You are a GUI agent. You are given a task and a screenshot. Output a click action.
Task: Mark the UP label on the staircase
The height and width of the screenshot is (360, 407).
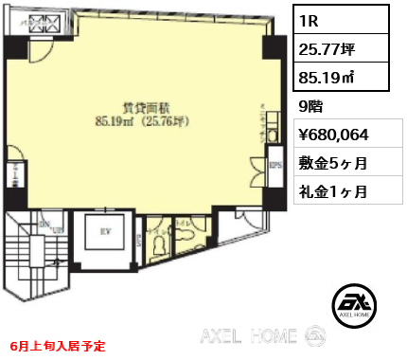56,230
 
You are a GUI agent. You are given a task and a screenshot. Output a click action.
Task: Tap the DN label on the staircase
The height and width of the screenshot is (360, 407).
43,225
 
